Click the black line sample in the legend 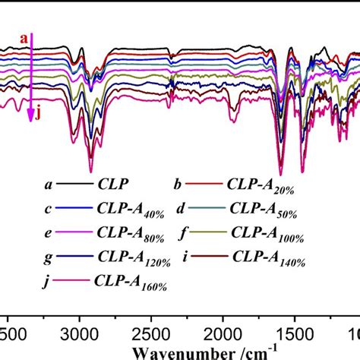click(68, 184)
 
